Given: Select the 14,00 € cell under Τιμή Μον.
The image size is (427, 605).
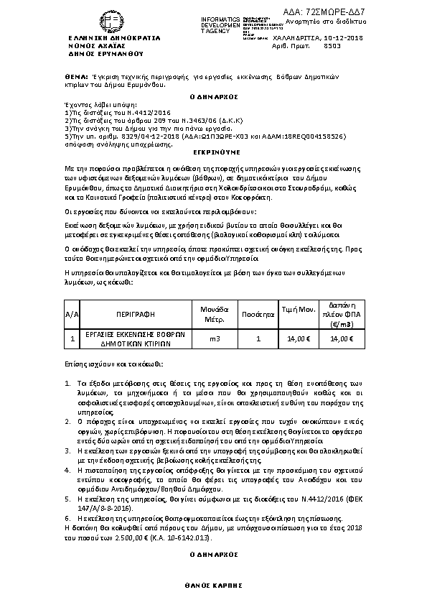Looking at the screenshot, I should pyautogui.click(x=299, y=339).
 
